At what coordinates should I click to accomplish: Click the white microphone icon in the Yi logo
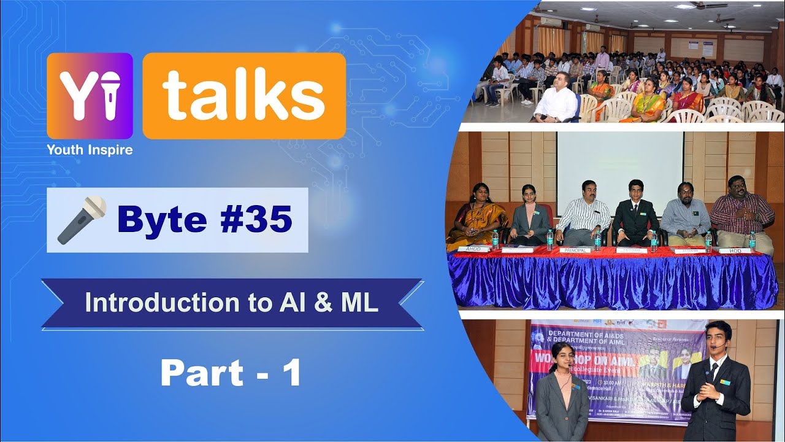(110, 95)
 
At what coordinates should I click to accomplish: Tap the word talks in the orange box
(243, 95)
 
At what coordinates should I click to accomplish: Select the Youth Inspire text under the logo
(90, 149)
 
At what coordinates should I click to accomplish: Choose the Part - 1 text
(231, 373)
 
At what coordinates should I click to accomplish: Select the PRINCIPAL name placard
(575, 250)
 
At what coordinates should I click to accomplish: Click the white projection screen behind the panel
(619, 163)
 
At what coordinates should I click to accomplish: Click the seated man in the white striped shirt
(582, 215)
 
